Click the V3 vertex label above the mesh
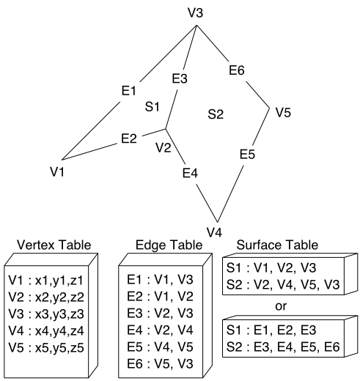tap(196, 12)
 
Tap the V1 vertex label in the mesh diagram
tap(57, 171)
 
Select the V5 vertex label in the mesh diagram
tap(283, 113)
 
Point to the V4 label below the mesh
tap(214, 232)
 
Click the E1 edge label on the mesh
tap(128, 91)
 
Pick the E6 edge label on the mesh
tap(237, 70)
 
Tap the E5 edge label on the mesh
tap(247, 154)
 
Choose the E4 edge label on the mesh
tap(190, 173)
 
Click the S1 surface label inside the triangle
tap(153, 107)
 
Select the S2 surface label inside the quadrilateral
tap(216, 114)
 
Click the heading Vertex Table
tap(54, 245)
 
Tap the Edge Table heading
tap(169, 245)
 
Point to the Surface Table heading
tap(277, 245)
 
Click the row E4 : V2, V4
tap(160, 330)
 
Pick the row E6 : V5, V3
tap(160, 363)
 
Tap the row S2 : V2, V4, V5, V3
tap(283, 284)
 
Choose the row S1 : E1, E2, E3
tap(271, 330)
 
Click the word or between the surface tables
tap(281, 306)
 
